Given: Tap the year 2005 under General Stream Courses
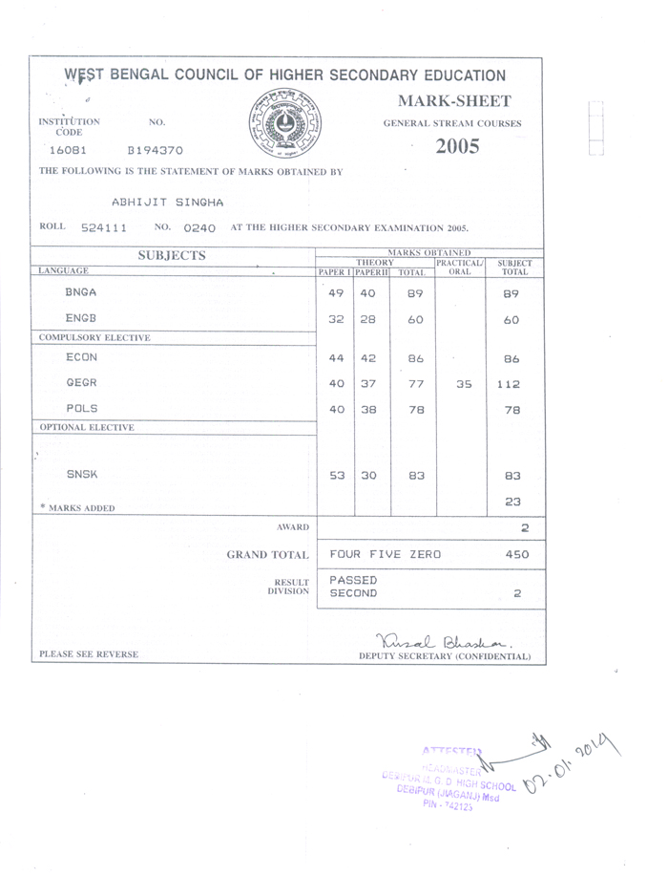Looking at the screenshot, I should click(x=457, y=147).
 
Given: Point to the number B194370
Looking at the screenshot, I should click(x=155, y=151).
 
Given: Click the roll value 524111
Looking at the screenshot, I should click(x=104, y=228).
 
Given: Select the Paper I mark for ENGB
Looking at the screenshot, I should click(x=336, y=320).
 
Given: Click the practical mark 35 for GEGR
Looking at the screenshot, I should click(x=462, y=385).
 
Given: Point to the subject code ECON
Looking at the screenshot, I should click(x=81, y=357).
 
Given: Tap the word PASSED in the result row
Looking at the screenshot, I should click(x=353, y=580).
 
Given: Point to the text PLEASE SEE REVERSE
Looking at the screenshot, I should click(x=89, y=654).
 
